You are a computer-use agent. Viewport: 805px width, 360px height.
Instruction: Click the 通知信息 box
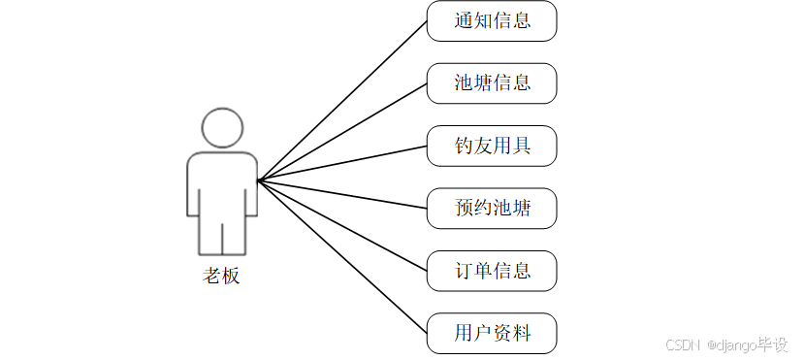[492, 21]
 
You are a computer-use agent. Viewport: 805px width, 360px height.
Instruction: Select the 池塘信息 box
[492, 83]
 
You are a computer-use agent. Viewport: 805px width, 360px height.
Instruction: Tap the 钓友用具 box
[492, 146]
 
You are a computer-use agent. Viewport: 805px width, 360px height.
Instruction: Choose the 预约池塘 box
[492, 208]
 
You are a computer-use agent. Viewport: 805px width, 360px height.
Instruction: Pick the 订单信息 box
[492, 270]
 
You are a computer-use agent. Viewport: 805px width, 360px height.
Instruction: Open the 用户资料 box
[492, 333]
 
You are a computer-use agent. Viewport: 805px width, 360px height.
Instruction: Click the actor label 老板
[221, 276]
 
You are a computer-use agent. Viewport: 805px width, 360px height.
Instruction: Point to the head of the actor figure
[222, 128]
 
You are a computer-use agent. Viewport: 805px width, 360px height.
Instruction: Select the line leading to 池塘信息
[342, 132]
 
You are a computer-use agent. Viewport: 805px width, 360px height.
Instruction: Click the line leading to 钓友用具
[342, 164]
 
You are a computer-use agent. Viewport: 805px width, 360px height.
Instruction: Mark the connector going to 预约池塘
[342, 194]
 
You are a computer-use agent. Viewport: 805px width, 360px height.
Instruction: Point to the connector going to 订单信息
[342, 225]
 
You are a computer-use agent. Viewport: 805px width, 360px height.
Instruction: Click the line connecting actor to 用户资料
[342, 257]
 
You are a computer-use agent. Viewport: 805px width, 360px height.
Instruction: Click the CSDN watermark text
[683, 344]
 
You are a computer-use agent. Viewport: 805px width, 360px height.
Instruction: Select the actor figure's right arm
[251, 189]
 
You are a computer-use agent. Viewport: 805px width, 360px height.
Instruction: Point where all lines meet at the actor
[258, 180]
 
